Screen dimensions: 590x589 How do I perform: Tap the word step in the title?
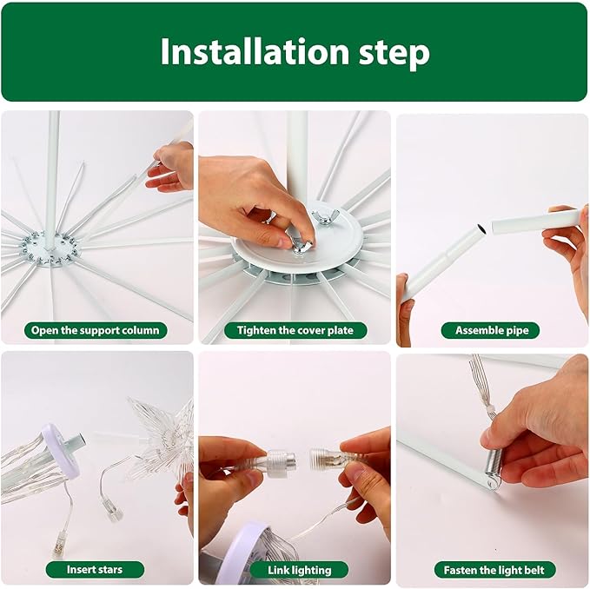tap(394, 55)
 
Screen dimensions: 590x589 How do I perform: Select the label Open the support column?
tap(96, 330)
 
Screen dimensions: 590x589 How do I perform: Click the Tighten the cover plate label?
tap(295, 330)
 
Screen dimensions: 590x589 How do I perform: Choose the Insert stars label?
tap(95, 569)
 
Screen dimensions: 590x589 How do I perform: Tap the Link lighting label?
tap(300, 570)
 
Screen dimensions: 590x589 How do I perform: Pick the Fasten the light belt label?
tap(494, 570)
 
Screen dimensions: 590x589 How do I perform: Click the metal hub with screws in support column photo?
tap(50, 249)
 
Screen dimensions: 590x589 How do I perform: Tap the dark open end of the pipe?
tap(481, 228)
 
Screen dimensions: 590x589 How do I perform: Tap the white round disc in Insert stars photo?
tap(62, 448)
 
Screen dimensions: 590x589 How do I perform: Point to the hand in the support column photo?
tap(170, 167)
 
